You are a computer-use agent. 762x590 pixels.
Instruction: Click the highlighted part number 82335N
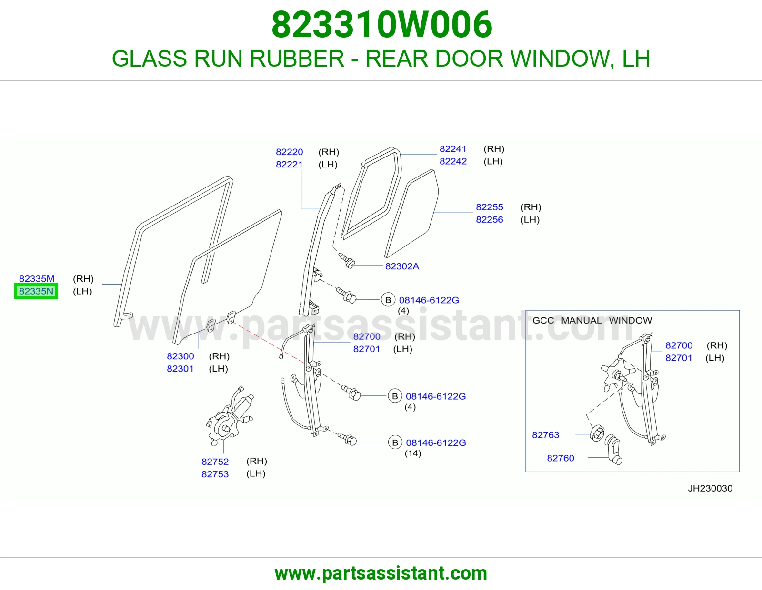(x=36, y=291)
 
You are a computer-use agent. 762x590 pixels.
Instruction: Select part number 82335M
(x=37, y=278)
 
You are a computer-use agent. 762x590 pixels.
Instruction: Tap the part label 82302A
(x=402, y=266)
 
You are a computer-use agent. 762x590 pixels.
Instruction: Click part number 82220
(x=289, y=152)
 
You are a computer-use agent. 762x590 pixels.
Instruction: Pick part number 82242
(x=453, y=161)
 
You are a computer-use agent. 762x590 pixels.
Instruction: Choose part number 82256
(x=490, y=220)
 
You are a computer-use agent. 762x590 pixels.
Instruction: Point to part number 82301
(x=180, y=369)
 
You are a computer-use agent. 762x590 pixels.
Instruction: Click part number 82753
(x=215, y=474)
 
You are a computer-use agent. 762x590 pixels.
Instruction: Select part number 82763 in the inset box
(x=546, y=435)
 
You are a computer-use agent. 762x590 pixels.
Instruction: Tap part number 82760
(x=561, y=458)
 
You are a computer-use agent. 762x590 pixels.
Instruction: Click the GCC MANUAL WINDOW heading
(x=592, y=320)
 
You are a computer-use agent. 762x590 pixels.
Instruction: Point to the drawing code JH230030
(x=710, y=488)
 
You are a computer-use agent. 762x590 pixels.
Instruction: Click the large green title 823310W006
(x=382, y=25)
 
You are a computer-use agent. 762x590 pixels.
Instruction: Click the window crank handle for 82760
(x=614, y=449)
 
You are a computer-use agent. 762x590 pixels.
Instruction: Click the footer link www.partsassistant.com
(x=381, y=573)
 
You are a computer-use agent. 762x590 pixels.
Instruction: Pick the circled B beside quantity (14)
(x=395, y=442)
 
